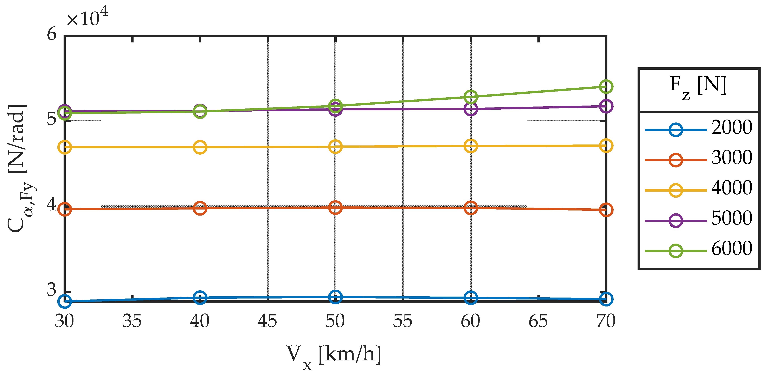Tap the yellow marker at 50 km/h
coord(335,147)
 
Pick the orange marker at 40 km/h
coord(200,208)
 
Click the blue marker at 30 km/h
coord(65,301)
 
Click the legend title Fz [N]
coord(698,86)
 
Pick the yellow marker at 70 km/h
coord(606,146)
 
